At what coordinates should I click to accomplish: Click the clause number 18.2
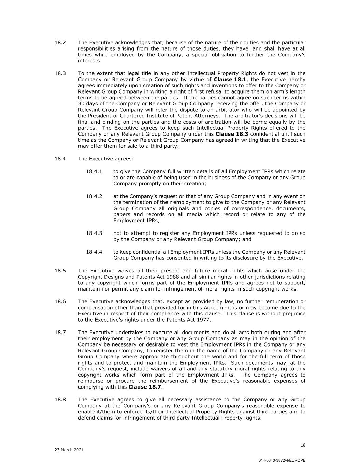[x=60, y=43]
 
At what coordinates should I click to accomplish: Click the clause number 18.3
[x=60, y=73]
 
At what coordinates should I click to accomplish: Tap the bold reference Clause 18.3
[x=232, y=134]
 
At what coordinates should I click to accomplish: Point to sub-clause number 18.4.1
[x=94, y=171]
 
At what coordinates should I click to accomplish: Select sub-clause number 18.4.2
[x=94, y=196]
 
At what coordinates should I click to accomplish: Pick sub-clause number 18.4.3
[x=94, y=233]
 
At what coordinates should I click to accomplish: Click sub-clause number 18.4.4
[x=94, y=252]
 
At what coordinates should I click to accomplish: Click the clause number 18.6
[x=60, y=301]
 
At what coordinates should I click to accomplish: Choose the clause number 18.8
[x=60, y=400]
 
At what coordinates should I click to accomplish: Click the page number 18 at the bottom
[x=303, y=445]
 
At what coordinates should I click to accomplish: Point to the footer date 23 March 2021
[x=69, y=450]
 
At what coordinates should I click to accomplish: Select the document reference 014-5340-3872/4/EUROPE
[x=282, y=460]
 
